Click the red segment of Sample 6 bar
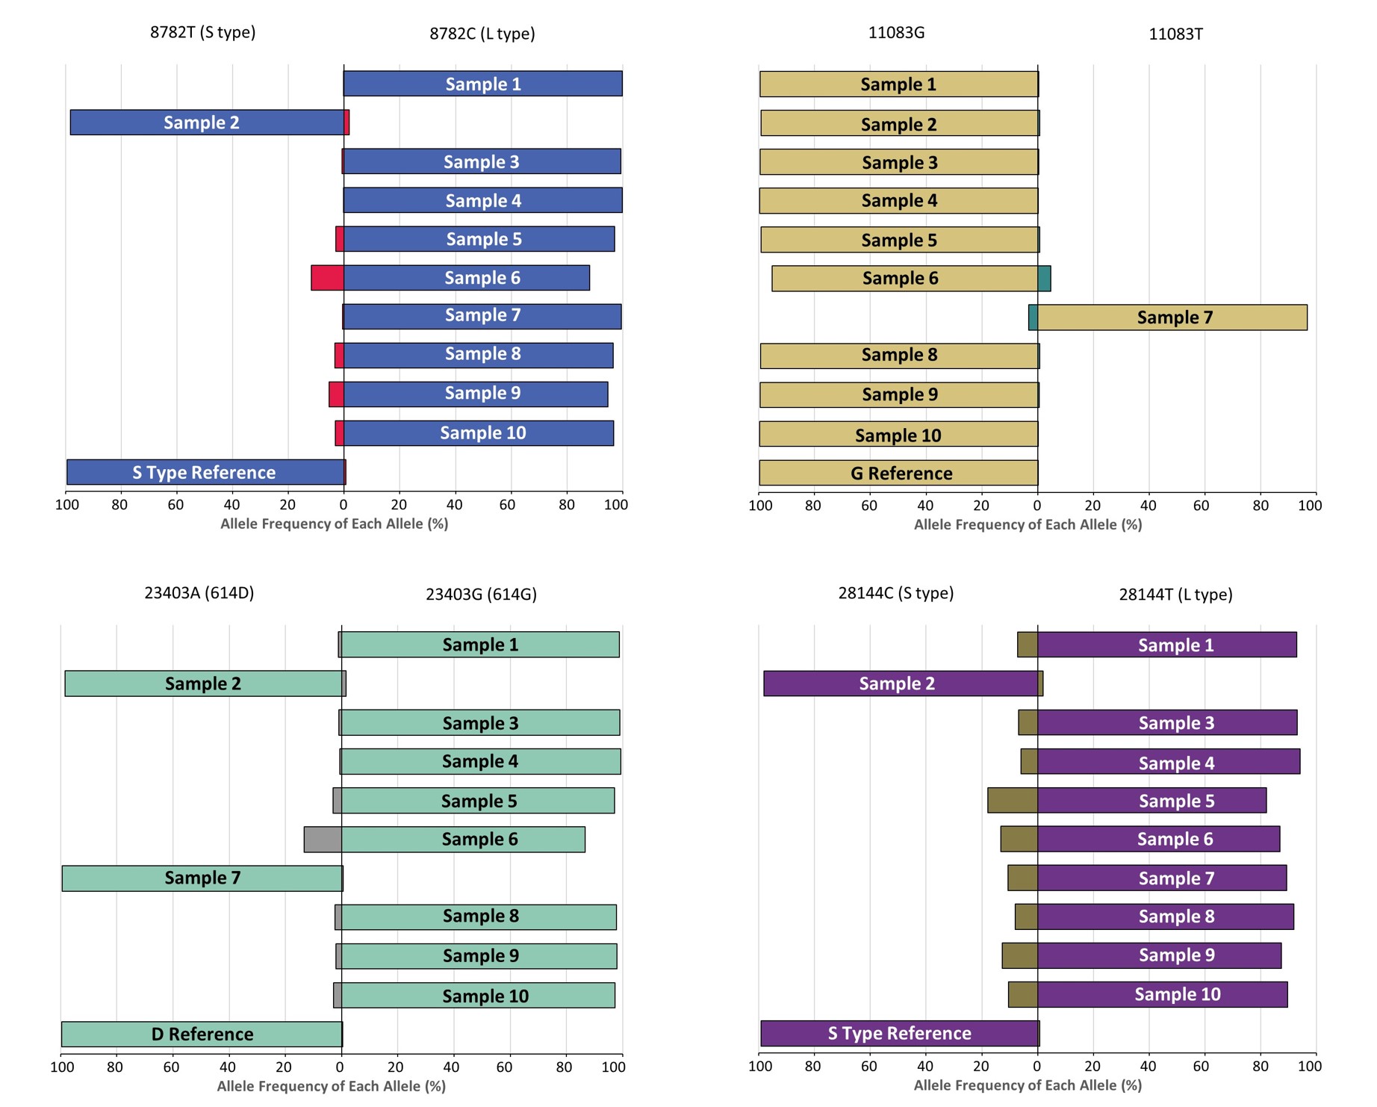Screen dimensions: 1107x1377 [327, 278]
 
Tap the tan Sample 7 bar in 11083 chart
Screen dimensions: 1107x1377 [1172, 317]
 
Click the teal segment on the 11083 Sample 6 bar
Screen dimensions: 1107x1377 [1044, 279]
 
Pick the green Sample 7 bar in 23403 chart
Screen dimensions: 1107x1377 [202, 878]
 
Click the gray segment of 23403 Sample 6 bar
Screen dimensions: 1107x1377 [323, 840]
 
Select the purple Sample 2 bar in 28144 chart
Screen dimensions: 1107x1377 [900, 683]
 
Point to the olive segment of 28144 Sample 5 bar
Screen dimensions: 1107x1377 [1012, 801]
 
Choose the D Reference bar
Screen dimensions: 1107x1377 [202, 1035]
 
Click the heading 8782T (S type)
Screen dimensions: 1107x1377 [202, 32]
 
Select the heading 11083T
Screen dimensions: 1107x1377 [1175, 34]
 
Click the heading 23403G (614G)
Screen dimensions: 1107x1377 [481, 595]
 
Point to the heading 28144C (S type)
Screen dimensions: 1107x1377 [895, 593]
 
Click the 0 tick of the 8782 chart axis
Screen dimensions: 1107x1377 [344, 505]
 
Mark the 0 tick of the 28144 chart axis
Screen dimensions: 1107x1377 [1037, 1067]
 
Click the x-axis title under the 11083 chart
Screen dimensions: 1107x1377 [1028, 524]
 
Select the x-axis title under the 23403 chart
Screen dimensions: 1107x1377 [331, 1086]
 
